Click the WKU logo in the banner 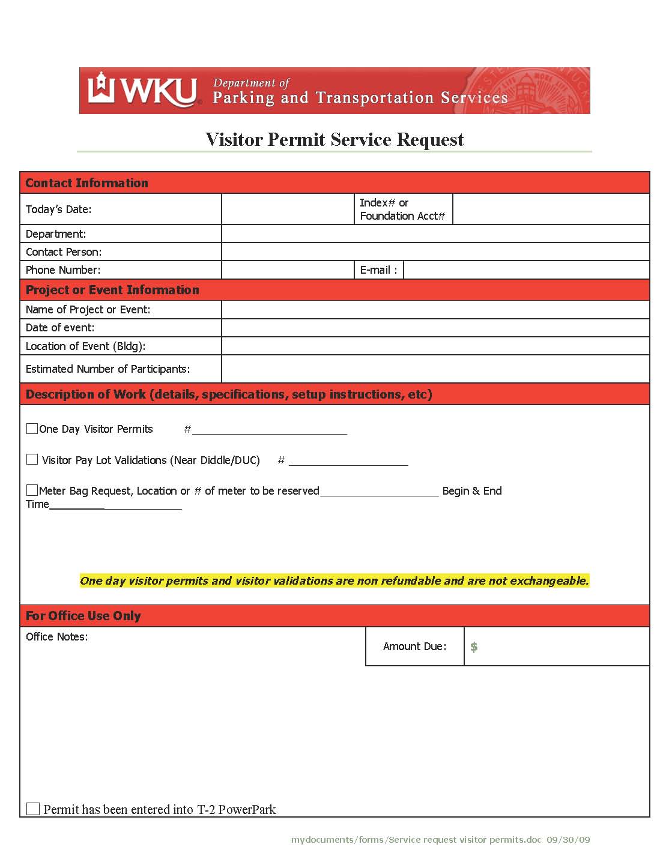click(143, 91)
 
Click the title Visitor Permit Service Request click(334, 140)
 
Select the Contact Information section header click(86, 183)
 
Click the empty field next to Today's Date click(288, 209)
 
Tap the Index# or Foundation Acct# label click(402, 209)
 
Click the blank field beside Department click(435, 234)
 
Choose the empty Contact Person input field click(435, 252)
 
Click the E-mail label click(378, 270)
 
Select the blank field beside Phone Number click(288, 270)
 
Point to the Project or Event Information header click(112, 290)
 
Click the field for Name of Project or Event click(435, 310)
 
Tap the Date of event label click(60, 328)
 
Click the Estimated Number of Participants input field click(435, 369)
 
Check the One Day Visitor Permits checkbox click(32, 429)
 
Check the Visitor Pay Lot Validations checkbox click(32, 459)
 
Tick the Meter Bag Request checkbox click(32, 490)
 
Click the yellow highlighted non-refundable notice click(334, 580)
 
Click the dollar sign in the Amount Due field click(474, 646)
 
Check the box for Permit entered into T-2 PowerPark click(33, 809)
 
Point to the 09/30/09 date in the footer click(568, 840)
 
